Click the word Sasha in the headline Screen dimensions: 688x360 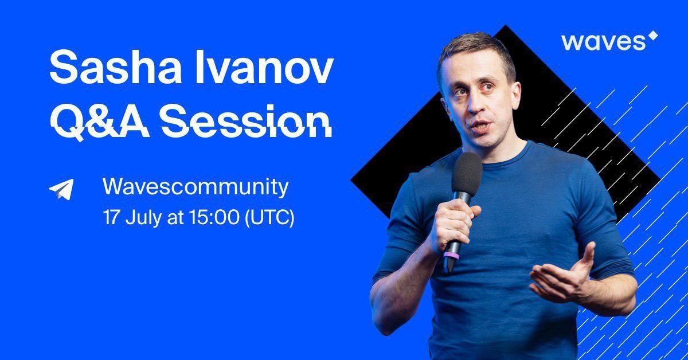coord(115,67)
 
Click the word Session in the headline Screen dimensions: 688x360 coord(247,120)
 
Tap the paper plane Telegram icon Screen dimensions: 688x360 coord(62,189)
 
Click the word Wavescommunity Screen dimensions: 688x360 coord(196,187)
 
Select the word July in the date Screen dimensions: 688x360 coord(143,218)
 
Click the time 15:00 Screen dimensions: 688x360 coord(214,217)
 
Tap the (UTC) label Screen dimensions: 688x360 coord(269,218)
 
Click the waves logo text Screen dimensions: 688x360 coord(604,42)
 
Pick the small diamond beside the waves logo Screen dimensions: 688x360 coord(652,36)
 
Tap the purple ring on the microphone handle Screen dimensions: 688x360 coord(451,255)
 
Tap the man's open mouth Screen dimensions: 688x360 coord(481,127)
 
